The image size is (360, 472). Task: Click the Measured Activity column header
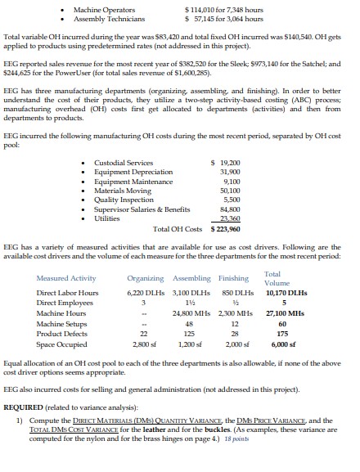(x=65, y=278)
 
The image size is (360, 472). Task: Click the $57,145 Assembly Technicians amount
(x=196, y=18)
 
